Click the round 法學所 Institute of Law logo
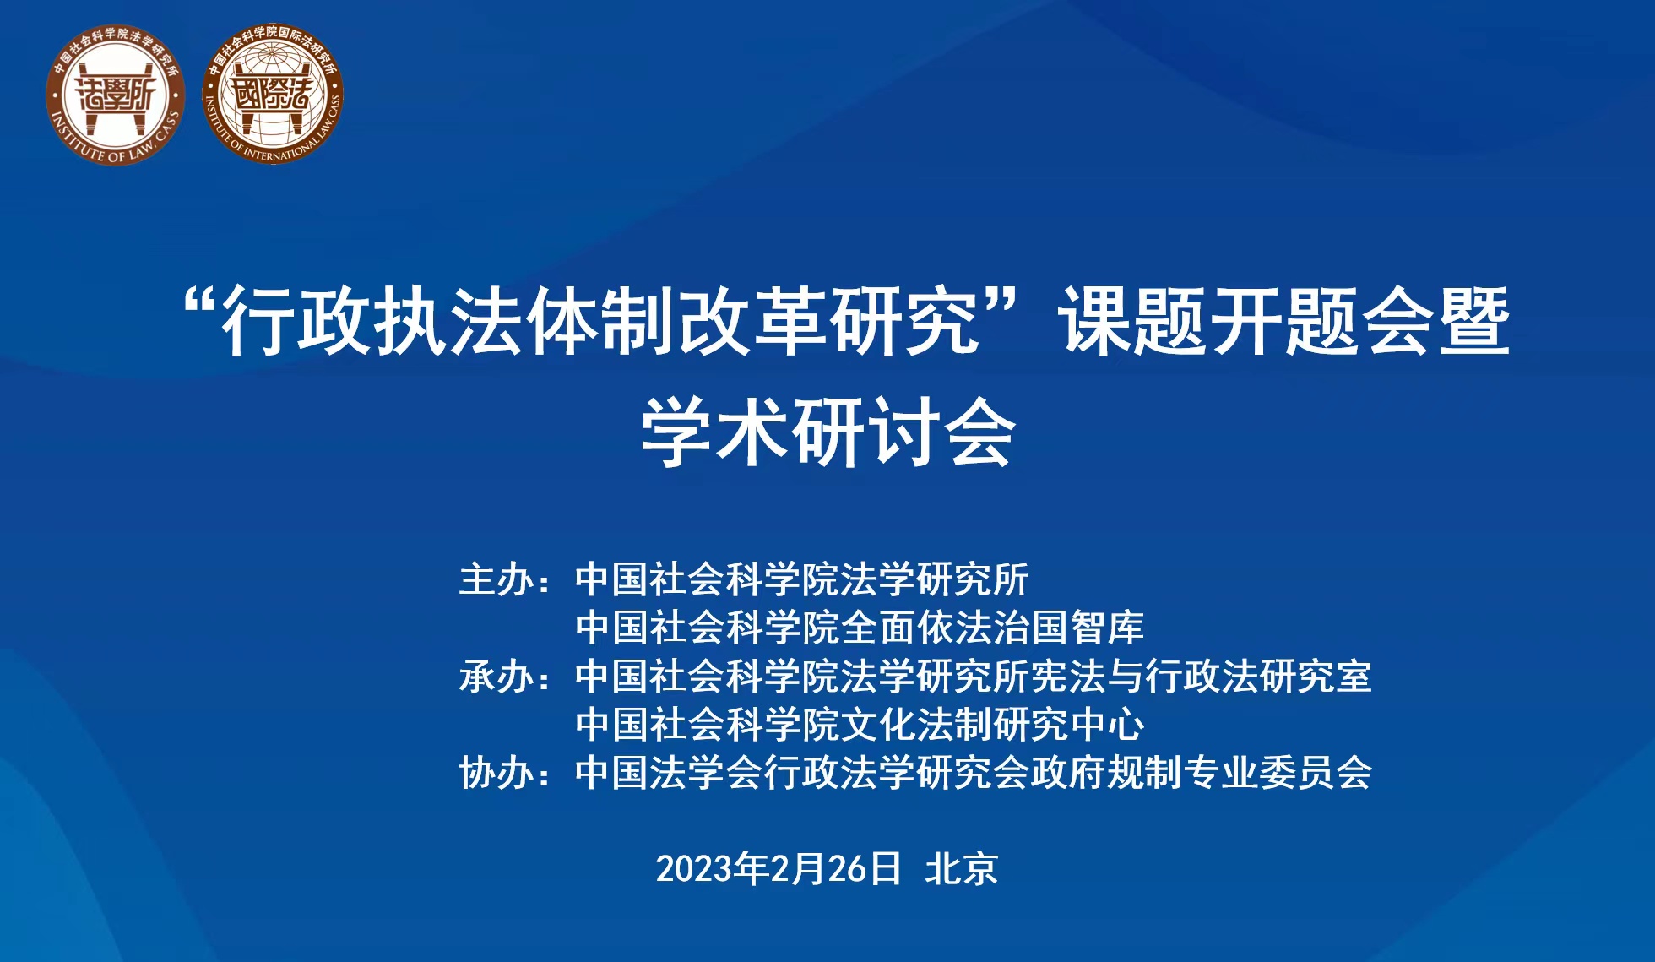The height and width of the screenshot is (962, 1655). [x=116, y=95]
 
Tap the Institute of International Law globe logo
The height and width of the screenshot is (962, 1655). [x=273, y=95]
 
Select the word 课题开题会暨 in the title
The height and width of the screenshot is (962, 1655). [x=1286, y=322]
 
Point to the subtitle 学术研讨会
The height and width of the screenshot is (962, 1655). [x=828, y=432]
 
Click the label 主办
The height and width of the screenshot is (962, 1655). [x=496, y=580]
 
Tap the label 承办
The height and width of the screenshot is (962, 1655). [x=496, y=677]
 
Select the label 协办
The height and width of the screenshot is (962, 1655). [x=496, y=773]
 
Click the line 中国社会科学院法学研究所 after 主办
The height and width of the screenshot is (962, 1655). [x=802, y=580]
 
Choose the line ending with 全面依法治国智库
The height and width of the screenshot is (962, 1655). [x=860, y=628]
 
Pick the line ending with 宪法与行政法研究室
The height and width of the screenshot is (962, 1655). [x=974, y=677]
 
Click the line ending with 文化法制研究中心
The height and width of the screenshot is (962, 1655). [x=860, y=725]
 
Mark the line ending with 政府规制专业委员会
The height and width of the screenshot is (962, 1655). [x=974, y=773]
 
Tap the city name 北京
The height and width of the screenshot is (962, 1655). [x=962, y=869]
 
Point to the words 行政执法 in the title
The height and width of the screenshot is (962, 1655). [x=371, y=322]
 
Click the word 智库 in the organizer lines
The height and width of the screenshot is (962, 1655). [x=1107, y=628]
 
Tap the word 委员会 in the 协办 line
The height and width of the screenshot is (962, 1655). [x=1316, y=773]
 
